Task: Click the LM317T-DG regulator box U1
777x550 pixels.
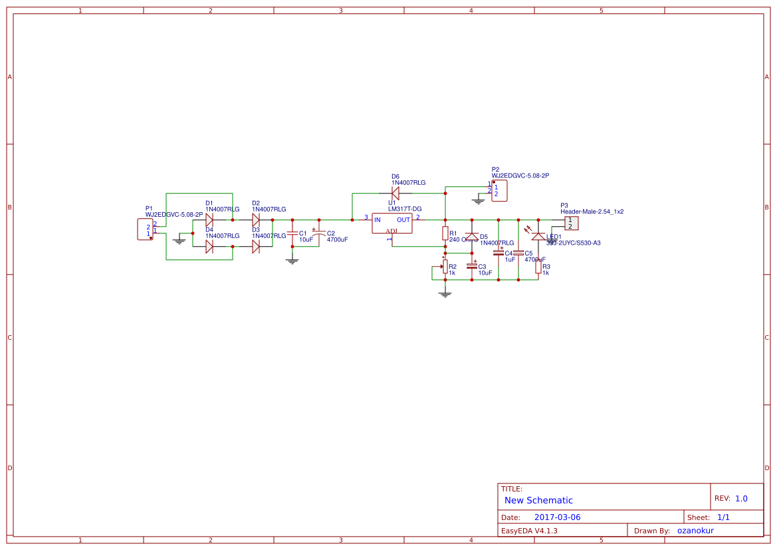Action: point(391,223)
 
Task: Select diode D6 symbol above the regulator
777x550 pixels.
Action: point(395,193)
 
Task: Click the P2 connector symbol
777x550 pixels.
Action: point(499,190)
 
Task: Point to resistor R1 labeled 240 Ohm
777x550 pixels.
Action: point(445,233)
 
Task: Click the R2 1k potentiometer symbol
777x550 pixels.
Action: point(445,267)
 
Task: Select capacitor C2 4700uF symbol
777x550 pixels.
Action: point(319,233)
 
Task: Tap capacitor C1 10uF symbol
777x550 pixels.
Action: point(292,233)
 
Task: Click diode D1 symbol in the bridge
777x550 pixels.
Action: point(209,219)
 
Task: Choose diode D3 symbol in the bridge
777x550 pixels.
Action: point(256,246)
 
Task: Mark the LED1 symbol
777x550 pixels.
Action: point(538,235)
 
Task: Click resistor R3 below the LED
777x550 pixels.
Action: point(538,267)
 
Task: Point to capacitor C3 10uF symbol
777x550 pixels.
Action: point(472,266)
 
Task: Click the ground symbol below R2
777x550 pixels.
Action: point(445,293)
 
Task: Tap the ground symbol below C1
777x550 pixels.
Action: point(292,261)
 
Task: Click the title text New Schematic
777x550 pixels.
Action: point(538,500)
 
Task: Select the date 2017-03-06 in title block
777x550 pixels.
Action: point(557,517)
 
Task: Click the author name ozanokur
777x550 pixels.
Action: point(695,531)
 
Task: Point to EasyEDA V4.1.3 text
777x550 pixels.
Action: point(529,531)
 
